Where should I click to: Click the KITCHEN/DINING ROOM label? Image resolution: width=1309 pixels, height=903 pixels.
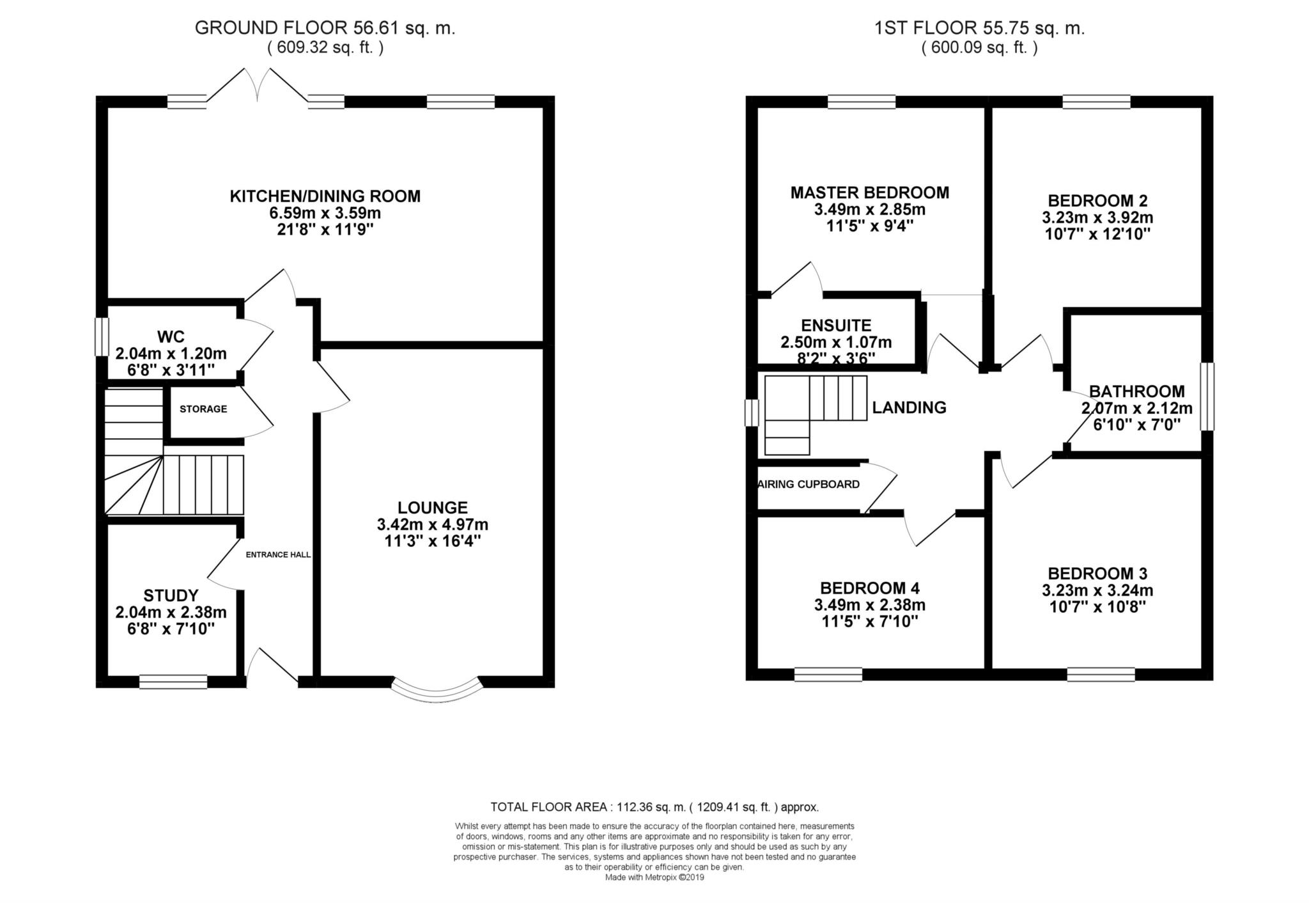[x=325, y=196]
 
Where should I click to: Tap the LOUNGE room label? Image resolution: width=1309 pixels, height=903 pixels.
[x=433, y=508]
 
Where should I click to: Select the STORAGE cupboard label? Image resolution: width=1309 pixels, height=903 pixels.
[x=203, y=409]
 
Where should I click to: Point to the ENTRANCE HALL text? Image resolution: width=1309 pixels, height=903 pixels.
[x=279, y=554]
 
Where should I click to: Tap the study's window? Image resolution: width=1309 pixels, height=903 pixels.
[x=173, y=682]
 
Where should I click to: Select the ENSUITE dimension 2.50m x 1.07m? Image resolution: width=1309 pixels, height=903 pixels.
[x=836, y=343]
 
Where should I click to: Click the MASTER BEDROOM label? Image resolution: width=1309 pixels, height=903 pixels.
[x=870, y=192]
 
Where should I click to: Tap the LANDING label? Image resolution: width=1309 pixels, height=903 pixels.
[x=910, y=407]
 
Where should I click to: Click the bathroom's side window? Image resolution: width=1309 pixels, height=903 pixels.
[x=1207, y=397]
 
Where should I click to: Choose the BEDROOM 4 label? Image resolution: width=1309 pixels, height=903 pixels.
[x=870, y=588]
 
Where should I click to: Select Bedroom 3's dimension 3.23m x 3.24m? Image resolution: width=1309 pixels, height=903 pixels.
[x=1097, y=590]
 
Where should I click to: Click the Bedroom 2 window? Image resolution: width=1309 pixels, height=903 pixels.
[x=1097, y=102]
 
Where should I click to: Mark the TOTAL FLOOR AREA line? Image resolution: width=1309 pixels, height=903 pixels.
[x=654, y=807]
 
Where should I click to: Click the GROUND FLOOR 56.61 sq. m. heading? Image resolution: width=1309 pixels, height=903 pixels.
[x=325, y=28]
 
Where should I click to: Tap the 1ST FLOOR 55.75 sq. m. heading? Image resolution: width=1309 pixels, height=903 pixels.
[x=980, y=28]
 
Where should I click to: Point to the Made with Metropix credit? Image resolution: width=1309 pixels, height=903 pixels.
[x=654, y=878]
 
